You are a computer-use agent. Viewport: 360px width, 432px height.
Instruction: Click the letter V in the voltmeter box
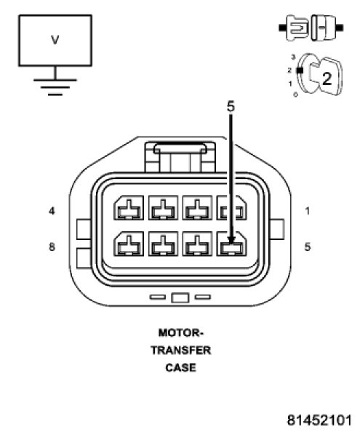point(55,40)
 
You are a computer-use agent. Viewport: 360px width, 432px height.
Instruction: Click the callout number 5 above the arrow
point(231,107)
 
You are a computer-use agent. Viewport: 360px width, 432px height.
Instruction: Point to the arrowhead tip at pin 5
point(231,244)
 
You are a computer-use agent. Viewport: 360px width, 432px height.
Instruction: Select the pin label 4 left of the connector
point(52,212)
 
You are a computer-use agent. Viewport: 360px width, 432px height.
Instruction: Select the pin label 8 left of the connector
point(52,247)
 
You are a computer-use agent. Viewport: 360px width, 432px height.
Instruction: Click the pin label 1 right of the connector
point(308,212)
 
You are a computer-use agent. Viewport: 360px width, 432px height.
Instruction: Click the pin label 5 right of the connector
point(308,247)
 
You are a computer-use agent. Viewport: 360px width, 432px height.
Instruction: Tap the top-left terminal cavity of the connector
point(129,208)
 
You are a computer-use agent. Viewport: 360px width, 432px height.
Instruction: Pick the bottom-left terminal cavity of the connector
point(129,244)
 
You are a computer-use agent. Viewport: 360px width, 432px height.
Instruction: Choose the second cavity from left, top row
point(163,208)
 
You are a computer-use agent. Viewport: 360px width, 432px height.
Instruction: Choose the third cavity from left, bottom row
point(197,244)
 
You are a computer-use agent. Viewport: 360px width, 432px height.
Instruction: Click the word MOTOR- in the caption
point(180,333)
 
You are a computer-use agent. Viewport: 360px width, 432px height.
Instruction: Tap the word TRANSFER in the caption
point(180,351)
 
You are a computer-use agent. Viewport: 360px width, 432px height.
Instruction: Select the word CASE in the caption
point(180,368)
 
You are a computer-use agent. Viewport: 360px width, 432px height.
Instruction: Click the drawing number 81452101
point(319,420)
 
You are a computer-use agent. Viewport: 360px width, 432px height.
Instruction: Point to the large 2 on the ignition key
point(327,79)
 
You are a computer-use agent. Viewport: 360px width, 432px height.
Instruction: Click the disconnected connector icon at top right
point(311,28)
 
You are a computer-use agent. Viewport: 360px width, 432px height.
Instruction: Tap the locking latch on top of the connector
point(180,157)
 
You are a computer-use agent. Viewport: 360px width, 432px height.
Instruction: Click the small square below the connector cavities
point(180,298)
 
